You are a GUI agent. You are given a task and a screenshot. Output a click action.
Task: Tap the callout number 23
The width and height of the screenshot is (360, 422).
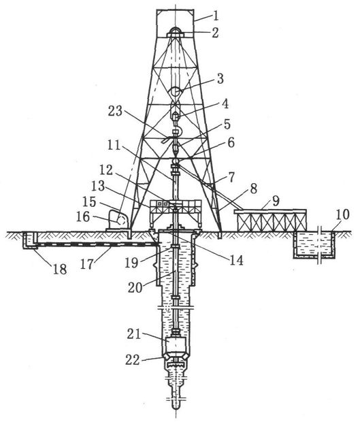[115, 111]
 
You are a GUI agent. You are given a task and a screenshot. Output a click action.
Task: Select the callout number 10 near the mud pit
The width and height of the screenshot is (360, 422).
[342, 215]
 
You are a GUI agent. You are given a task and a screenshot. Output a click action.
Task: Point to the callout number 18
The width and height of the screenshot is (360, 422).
[60, 270]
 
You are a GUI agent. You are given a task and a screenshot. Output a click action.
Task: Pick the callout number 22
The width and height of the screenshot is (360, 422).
[133, 360]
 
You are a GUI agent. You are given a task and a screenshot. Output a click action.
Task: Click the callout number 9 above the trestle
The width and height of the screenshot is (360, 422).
[276, 201]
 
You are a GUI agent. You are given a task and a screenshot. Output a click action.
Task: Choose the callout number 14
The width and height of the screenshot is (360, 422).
[237, 260]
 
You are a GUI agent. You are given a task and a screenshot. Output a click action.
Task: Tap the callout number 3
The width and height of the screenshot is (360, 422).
[220, 78]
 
